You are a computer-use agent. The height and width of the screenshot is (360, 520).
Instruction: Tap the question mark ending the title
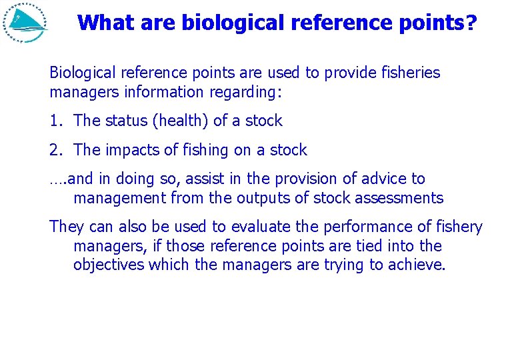[471, 23]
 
